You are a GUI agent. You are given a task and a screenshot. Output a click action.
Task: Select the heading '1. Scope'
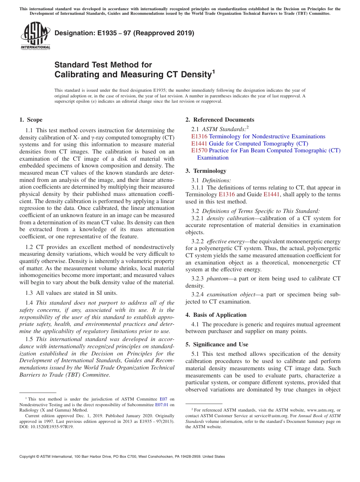pyautogui.click(x=31, y=120)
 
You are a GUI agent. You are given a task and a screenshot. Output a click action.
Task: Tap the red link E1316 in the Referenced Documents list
pyautogui.click(x=199, y=136)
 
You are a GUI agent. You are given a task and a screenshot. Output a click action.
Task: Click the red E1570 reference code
pyautogui.click(x=199, y=150)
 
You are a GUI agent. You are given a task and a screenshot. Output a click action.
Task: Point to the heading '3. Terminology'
pyautogui.click(x=206, y=171)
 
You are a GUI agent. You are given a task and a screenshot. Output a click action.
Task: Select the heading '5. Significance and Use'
pyautogui.click(x=217, y=344)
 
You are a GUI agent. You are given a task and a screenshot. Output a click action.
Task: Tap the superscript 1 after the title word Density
pyautogui.click(x=213, y=71)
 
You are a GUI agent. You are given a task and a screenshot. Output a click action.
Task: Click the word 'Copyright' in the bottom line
pyautogui.click(x=30, y=457)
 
